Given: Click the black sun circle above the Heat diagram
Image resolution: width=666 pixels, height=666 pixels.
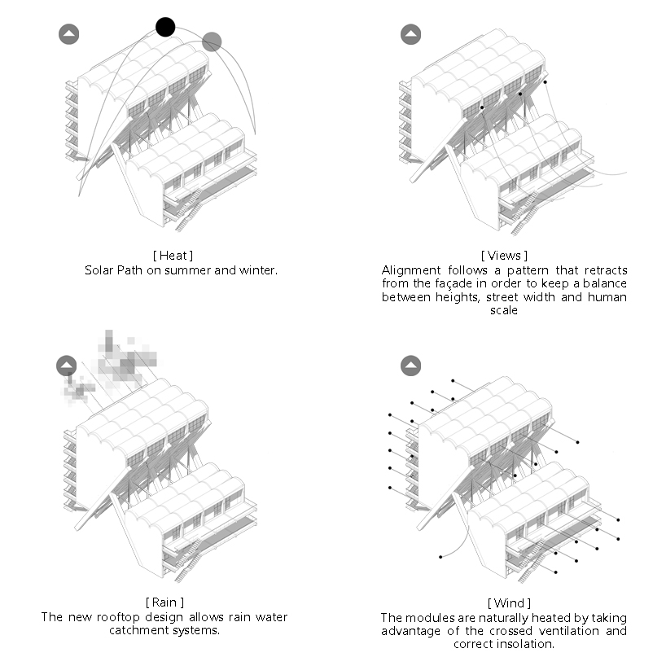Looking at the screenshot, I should (165, 27).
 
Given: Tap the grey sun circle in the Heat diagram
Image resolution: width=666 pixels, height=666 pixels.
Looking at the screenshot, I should (212, 41).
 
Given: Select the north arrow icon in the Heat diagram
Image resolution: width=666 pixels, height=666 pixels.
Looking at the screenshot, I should (69, 34).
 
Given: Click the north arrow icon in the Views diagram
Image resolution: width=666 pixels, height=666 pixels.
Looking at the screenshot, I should (410, 34).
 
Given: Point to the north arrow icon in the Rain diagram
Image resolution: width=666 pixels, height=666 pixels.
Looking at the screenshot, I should (67, 366).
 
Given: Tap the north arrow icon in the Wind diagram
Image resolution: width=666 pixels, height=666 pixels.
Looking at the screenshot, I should (410, 366).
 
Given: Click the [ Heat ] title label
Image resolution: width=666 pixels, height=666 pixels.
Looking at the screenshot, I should (177, 256).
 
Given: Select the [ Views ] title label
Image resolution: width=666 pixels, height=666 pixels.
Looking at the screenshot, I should (504, 256).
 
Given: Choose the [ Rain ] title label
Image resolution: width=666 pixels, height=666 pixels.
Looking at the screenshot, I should (164, 603).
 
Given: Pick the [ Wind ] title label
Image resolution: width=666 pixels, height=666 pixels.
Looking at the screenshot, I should (509, 603).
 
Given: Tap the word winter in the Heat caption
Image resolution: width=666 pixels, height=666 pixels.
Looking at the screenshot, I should (260, 269).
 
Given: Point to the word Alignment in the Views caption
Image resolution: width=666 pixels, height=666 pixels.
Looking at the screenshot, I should (410, 270).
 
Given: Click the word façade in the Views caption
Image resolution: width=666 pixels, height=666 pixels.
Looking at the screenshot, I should (456, 284).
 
